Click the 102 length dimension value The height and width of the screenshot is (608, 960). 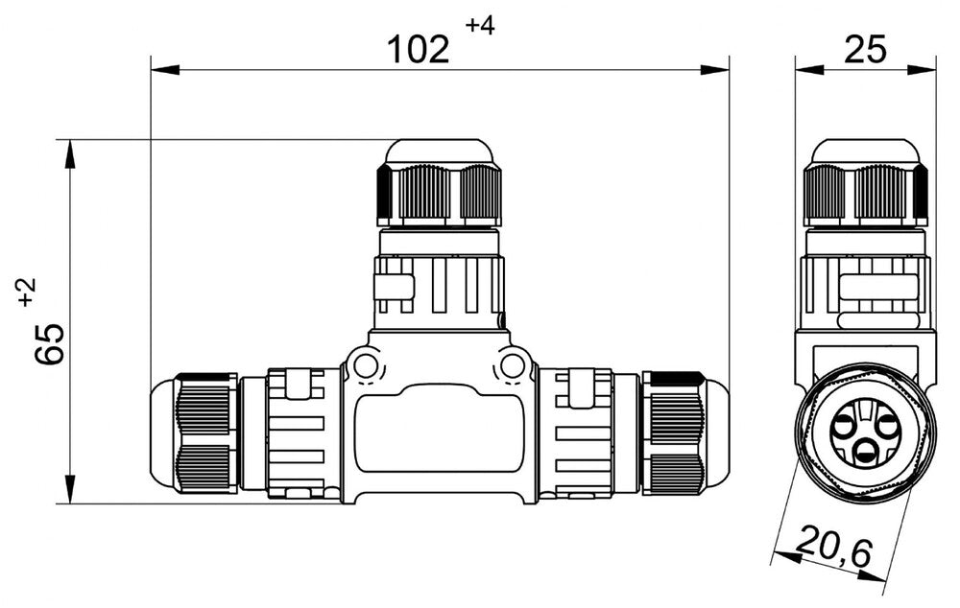(x=419, y=48)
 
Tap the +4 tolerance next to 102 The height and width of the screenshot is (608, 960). (x=480, y=26)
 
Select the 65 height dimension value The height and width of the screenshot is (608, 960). (x=50, y=343)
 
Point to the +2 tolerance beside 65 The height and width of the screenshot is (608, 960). (x=26, y=291)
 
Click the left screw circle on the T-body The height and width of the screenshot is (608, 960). (x=365, y=365)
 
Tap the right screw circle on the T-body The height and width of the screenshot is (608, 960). (x=514, y=365)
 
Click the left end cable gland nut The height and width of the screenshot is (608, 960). (x=204, y=433)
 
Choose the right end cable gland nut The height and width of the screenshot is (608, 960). (x=674, y=433)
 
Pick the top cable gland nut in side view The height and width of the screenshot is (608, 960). (x=866, y=192)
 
